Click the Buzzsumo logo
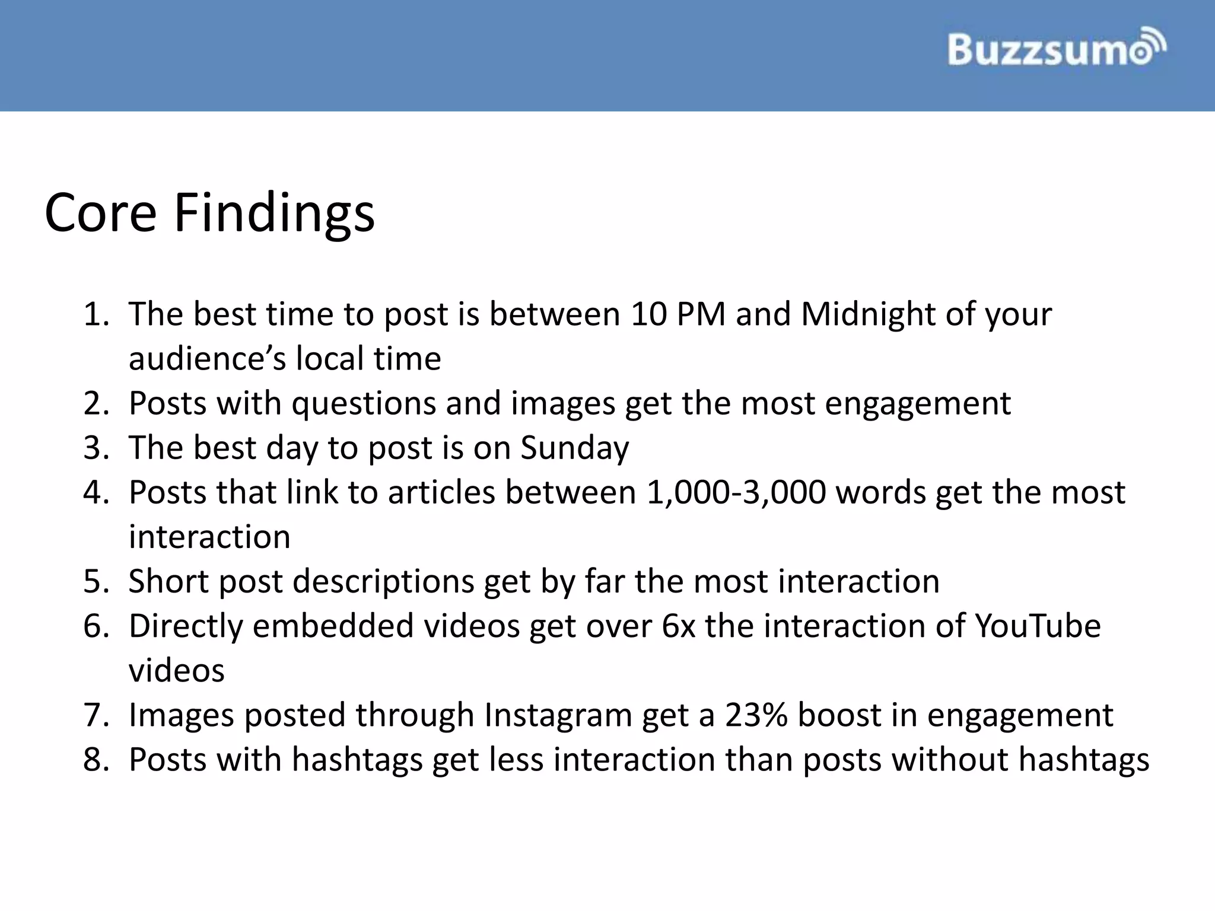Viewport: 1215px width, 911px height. pos(1057,48)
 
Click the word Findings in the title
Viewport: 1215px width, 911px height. pos(274,214)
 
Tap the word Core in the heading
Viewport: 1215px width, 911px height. pos(100,214)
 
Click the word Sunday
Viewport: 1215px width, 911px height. pos(574,448)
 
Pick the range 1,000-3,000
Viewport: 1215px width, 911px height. pos(736,493)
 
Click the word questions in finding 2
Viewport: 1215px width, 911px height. pos(364,404)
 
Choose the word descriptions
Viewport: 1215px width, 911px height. pos(383,582)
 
